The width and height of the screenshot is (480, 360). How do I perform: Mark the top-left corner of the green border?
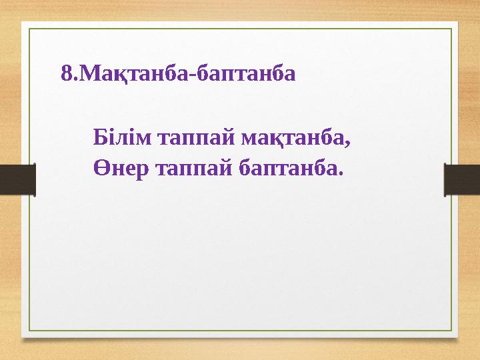pyautogui.click(x=28, y=28)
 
